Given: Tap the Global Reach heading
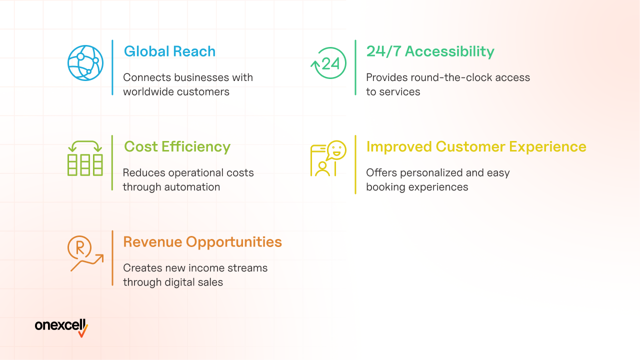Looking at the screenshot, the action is pos(169,51).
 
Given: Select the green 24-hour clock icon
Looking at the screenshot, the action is pos(328,63).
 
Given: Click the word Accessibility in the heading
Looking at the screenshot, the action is pos(449,51).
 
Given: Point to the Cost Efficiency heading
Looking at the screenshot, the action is pos(177,147).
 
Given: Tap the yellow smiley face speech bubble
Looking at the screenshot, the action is pos(336,150).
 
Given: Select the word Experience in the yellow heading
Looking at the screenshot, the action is pos(547,147).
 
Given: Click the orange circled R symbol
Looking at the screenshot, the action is pos(79,247).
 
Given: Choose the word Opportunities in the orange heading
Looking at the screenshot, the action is pos(234,242).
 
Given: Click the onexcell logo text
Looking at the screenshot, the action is pos(60,325).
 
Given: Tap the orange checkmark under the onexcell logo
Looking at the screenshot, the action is pos(83,331).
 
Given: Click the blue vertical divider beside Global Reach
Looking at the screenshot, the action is pos(112,67).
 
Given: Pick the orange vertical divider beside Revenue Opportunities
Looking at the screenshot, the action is pos(112,258).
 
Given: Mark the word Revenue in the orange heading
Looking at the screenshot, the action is pos(152,242).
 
